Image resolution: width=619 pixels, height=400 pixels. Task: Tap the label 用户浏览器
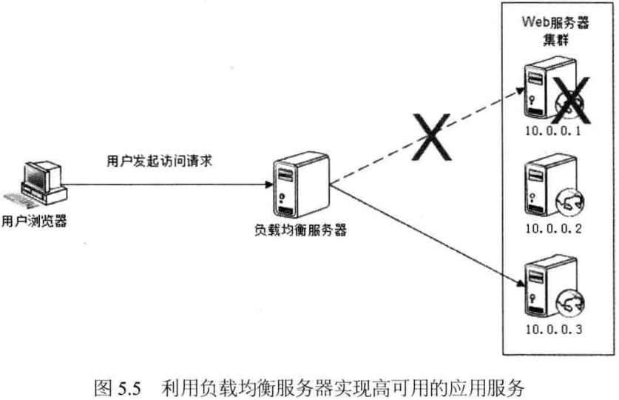[x=34, y=221]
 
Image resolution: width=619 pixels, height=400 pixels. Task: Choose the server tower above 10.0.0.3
[x=538, y=285]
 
